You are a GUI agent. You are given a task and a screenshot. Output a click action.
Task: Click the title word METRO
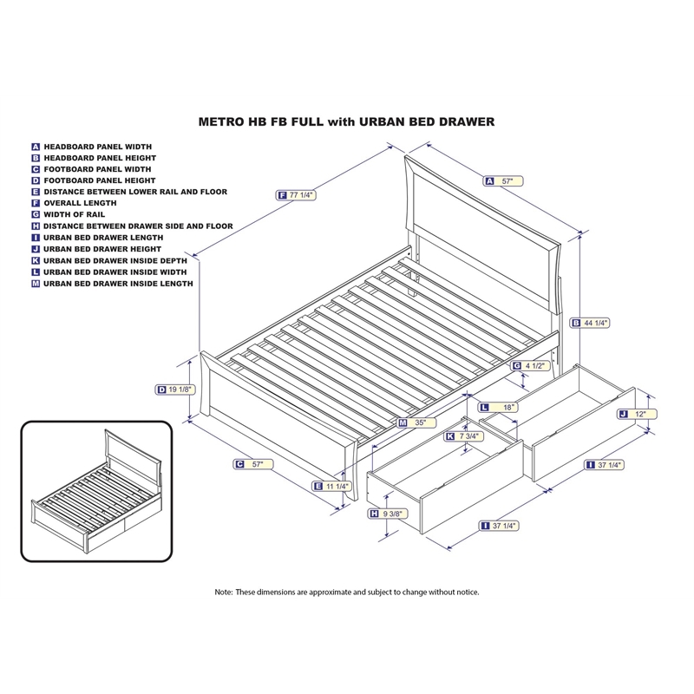223,122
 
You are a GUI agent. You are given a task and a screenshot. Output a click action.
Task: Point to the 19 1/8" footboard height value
180,390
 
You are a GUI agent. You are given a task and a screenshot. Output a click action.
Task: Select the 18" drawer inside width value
508,407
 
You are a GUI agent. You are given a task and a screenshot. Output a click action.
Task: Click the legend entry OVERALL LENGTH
80,203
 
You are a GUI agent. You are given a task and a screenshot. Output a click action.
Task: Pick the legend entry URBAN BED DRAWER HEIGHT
100,249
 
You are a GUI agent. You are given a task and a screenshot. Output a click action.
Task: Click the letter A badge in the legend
36,147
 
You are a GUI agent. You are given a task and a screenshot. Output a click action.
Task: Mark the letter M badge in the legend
36,283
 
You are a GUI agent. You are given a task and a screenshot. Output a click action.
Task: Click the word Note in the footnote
224,592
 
